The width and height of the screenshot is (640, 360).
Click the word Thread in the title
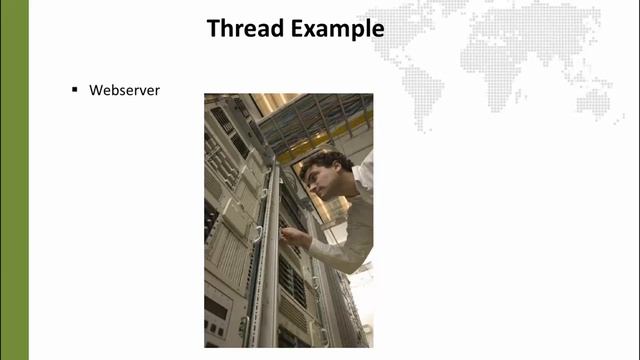coord(240,28)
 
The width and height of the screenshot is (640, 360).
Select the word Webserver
coord(125,90)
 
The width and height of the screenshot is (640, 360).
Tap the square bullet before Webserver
coord(74,89)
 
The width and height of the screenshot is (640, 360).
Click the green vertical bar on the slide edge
coord(14,180)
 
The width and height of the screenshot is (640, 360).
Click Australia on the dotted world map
coord(595,100)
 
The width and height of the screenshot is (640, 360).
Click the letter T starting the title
coord(213,28)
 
